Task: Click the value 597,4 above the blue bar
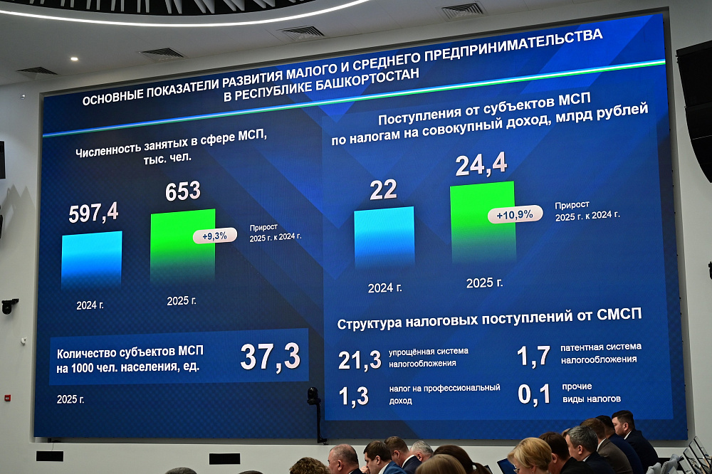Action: click(93, 213)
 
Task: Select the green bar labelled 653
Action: click(182, 246)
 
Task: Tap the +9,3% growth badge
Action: click(214, 236)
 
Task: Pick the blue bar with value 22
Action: click(384, 238)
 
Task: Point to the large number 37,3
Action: click(270, 357)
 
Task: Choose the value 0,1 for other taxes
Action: click(534, 394)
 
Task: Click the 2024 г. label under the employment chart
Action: click(90, 305)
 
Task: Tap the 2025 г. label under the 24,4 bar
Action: click(484, 283)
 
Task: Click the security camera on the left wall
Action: click(9, 306)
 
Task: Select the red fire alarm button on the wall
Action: click(7, 397)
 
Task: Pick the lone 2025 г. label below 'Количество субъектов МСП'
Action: click(70, 399)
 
